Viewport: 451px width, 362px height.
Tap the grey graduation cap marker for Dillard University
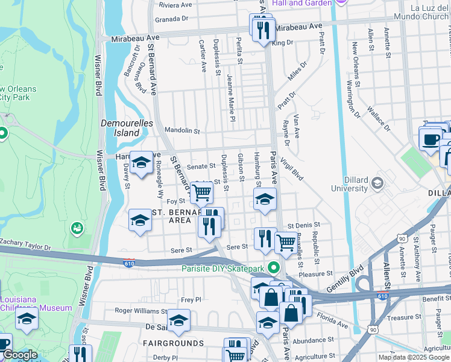[x=378, y=182]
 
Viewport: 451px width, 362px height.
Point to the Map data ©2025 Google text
[x=414, y=357]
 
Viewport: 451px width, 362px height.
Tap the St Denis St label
[x=302, y=225]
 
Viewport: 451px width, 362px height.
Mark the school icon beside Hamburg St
[x=265, y=200]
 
